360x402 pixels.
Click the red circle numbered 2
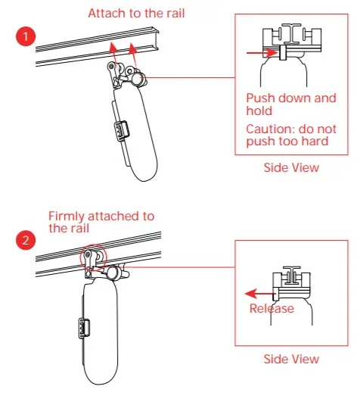click(x=24, y=241)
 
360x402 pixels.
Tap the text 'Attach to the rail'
click(x=136, y=13)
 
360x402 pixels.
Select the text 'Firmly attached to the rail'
click(x=101, y=222)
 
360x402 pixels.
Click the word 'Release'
click(x=272, y=308)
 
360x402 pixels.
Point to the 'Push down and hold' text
click(x=291, y=104)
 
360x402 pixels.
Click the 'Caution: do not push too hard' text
click(x=291, y=135)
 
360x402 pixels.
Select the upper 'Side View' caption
click(x=291, y=167)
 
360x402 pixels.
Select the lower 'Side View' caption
click(x=291, y=359)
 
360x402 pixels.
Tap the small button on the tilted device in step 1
click(x=119, y=130)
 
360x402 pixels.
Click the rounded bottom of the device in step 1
click(x=148, y=170)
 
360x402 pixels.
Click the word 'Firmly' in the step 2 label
click(x=67, y=216)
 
